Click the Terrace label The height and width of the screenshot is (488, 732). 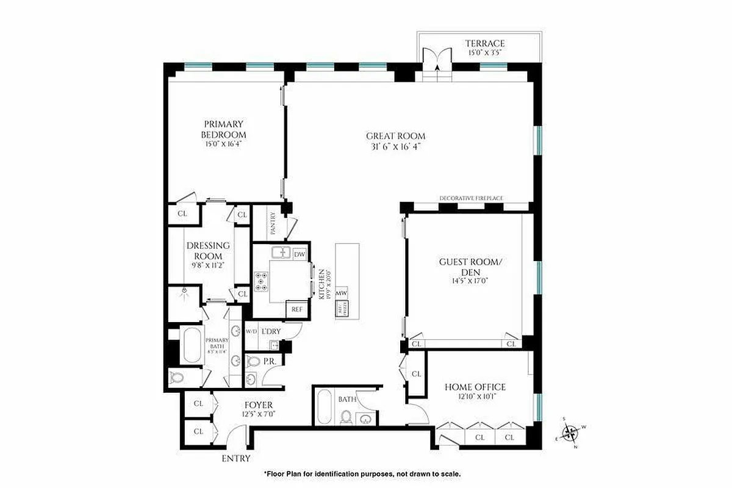pos(485,43)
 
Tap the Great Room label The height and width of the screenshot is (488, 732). pos(395,136)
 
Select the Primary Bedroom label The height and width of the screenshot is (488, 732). pos(224,129)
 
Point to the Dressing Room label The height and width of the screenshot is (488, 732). pos(208,251)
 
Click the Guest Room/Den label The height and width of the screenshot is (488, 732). pos(470,267)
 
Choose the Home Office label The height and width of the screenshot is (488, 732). pos(475,387)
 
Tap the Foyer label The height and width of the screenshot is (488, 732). pos(259,405)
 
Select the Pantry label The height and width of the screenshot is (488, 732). pos(273,224)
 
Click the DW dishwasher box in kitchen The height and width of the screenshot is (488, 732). pos(300,254)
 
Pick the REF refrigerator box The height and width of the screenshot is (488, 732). pos(297,309)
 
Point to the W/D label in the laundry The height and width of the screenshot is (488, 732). pos(251,331)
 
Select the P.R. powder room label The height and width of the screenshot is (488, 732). pos(270,361)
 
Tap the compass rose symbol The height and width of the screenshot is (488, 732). pos(572,433)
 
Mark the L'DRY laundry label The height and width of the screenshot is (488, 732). pos(271,331)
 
